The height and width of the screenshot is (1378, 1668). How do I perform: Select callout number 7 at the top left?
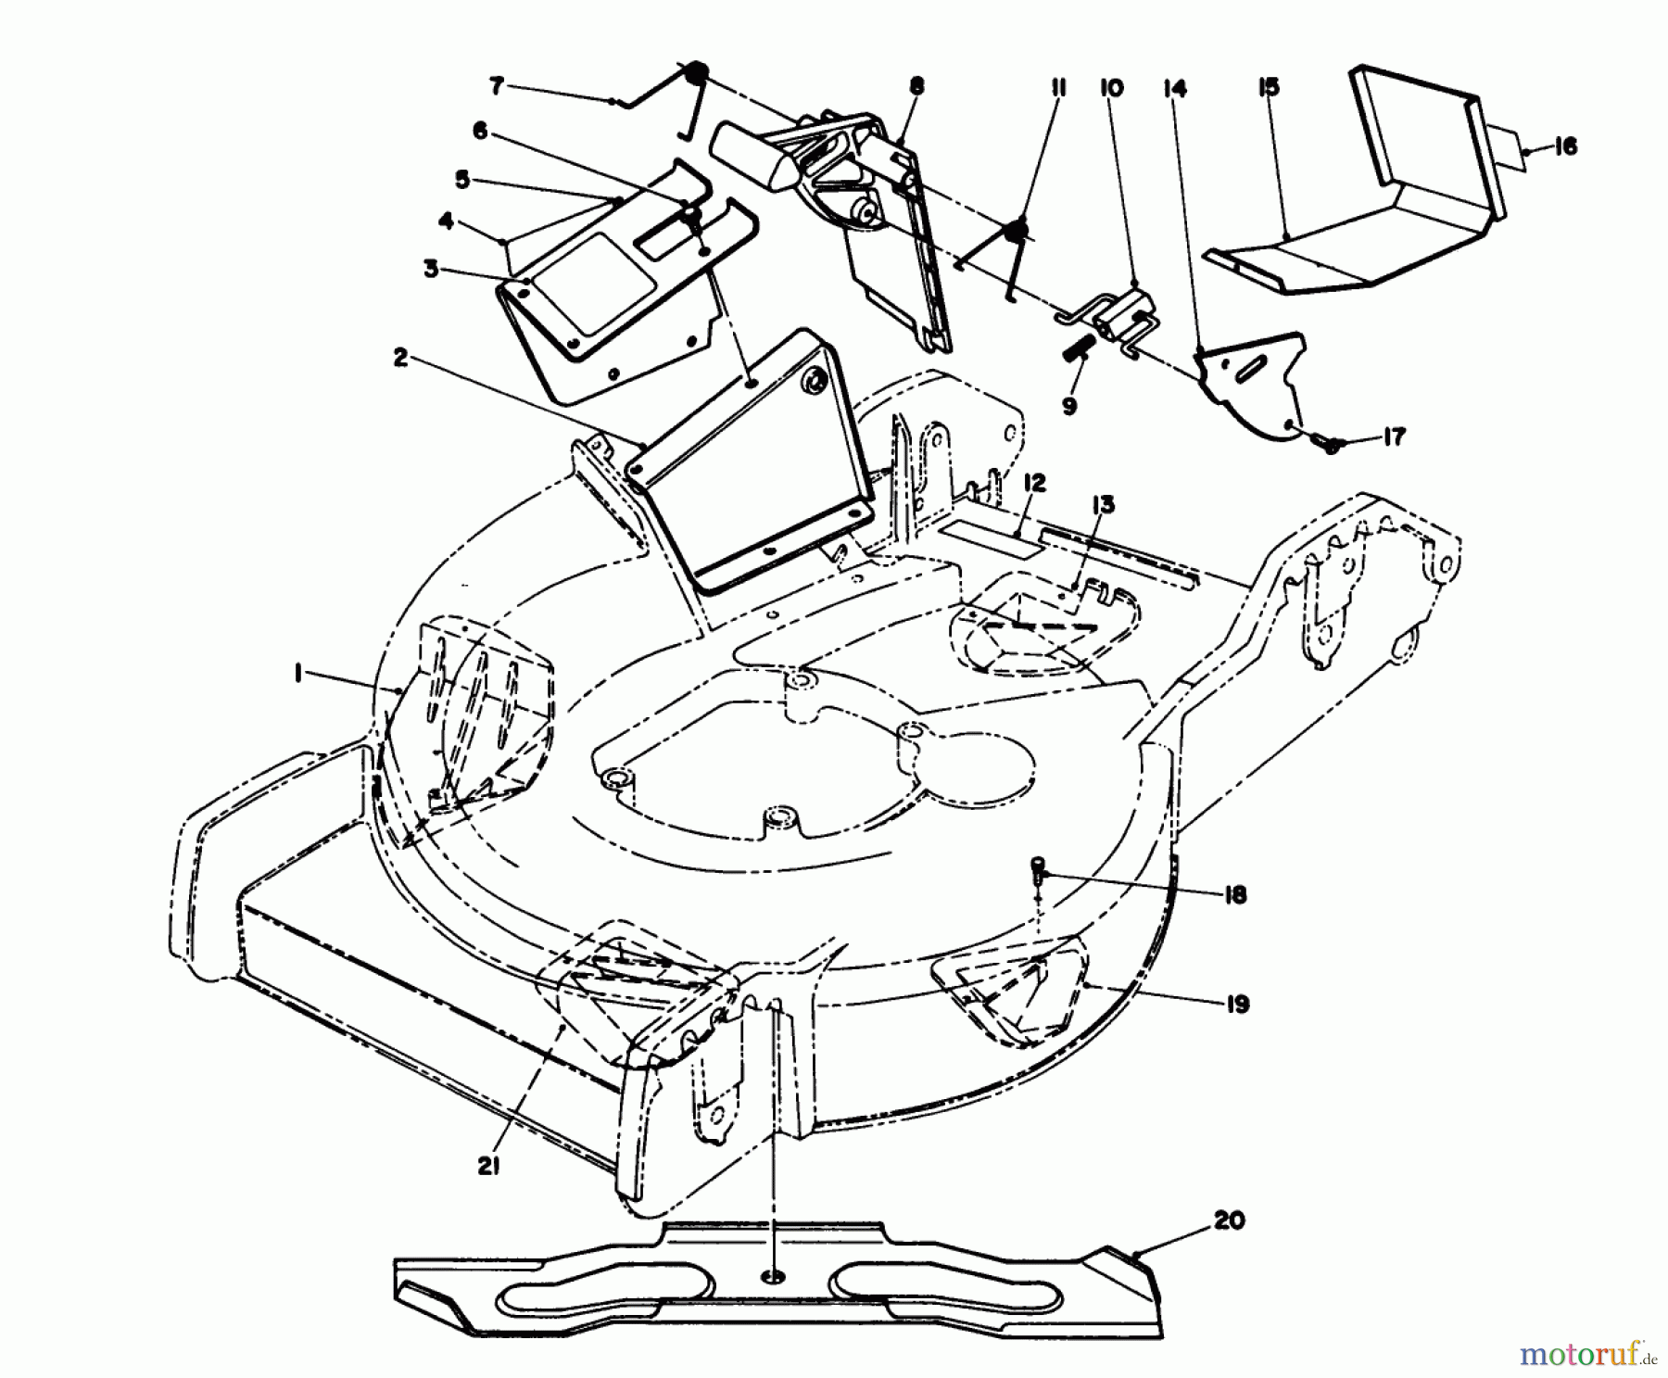click(497, 87)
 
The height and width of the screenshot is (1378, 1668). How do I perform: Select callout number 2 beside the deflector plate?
click(399, 358)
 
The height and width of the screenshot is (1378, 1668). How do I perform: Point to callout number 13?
click(1103, 505)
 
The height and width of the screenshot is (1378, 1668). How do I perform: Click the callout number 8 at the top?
click(916, 87)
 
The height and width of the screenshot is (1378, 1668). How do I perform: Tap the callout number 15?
click(1269, 87)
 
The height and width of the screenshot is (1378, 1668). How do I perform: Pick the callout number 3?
click(430, 269)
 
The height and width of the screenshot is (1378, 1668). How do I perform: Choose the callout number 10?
click(1111, 87)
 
